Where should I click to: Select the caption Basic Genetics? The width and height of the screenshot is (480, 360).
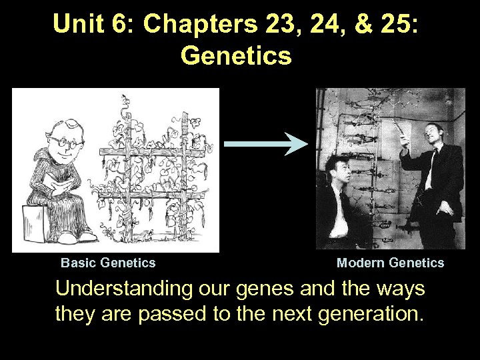(x=108, y=263)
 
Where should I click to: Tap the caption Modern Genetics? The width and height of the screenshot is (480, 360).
(x=390, y=263)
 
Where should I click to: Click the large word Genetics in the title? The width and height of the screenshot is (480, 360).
(x=236, y=56)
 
